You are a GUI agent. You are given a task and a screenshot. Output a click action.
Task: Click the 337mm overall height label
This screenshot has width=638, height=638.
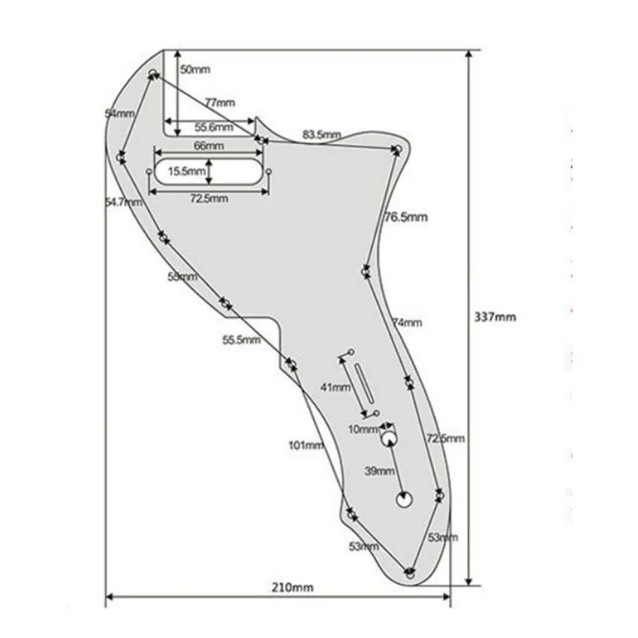point(495,316)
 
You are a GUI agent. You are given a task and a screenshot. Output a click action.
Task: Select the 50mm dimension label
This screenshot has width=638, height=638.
point(194,69)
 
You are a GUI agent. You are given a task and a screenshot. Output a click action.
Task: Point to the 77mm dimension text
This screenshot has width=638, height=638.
point(219,102)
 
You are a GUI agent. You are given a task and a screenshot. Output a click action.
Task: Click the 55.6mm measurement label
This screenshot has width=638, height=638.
point(214,127)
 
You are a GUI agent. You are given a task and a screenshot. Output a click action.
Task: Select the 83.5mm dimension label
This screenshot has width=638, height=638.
point(322,134)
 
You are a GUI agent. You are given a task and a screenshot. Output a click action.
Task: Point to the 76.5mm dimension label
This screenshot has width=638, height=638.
point(405,217)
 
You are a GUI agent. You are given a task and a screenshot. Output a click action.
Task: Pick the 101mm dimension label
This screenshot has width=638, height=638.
point(306,445)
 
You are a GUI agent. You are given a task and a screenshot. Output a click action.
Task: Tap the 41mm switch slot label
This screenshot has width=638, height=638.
point(335,387)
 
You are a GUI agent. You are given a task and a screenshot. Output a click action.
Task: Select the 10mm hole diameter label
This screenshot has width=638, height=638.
point(363,429)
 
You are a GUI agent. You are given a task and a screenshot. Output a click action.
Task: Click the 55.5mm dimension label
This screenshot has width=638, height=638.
point(241,340)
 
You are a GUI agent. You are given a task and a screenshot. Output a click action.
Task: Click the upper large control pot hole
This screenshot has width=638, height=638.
point(389,439)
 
